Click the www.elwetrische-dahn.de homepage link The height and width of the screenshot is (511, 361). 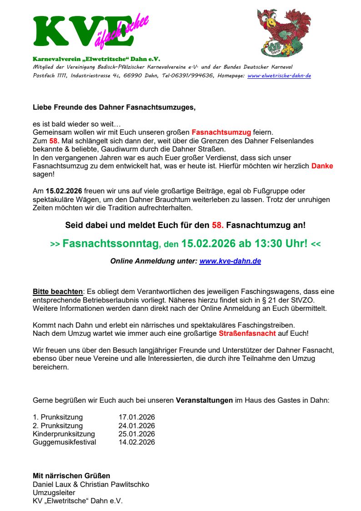279,76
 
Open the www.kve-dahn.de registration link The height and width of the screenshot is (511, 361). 230,262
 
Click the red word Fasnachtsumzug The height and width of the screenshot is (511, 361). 221,133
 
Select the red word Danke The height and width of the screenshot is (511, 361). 322,166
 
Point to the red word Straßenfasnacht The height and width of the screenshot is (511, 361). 261,334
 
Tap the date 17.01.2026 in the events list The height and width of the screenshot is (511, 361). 137,417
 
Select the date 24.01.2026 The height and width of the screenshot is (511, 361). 137,426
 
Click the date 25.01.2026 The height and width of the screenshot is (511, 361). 137,434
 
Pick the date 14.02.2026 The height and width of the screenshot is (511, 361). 137,442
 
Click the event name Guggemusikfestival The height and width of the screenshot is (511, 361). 65,442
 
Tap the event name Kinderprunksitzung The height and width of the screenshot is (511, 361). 64,434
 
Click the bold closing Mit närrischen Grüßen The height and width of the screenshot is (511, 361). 71,476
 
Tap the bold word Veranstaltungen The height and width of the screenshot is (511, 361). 204,401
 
